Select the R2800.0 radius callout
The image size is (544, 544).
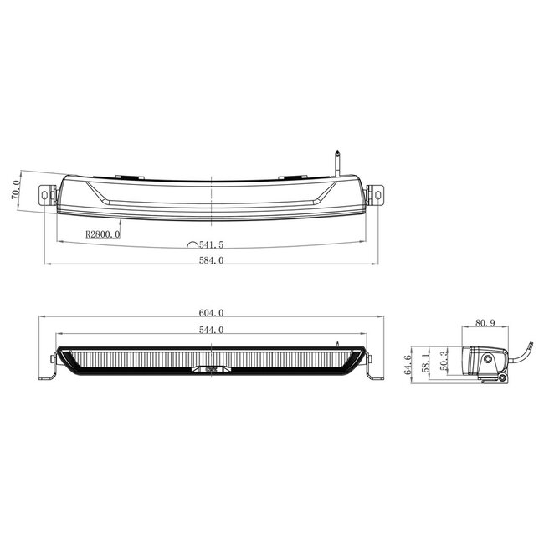click(102, 234)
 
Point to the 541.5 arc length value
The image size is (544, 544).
click(211, 245)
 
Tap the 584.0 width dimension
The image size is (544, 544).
click(210, 260)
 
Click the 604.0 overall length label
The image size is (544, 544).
click(210, 312)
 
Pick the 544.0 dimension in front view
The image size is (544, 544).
click(211, 330)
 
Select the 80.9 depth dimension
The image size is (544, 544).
click(485, 321)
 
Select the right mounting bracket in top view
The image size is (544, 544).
click(378, 193)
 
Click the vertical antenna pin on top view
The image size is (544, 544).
click(336, 161)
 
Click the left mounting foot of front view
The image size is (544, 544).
click(49, 369)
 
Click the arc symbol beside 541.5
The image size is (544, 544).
click(192, 246)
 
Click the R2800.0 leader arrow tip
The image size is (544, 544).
click(121, 221)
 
